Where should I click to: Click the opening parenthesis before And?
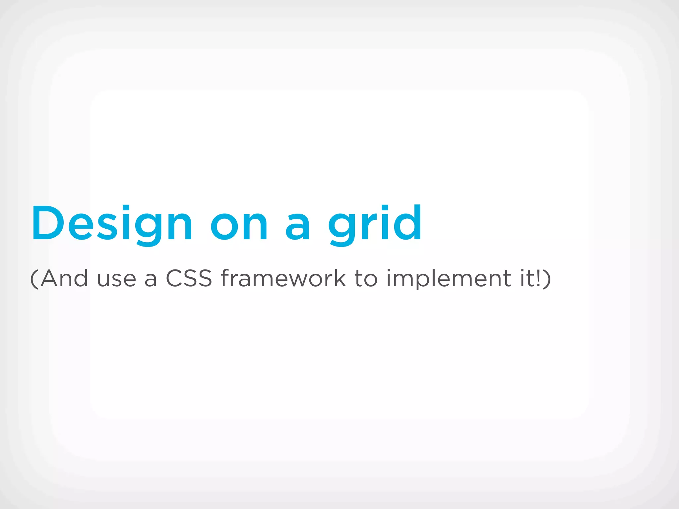pos(34,279)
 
